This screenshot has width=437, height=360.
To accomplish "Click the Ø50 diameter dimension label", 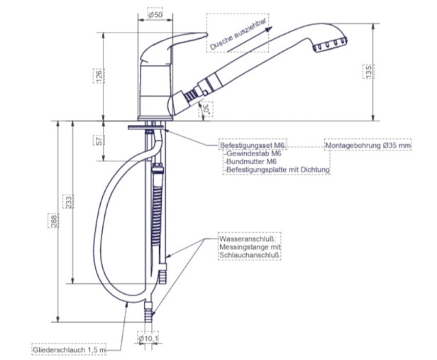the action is [x=155, y=15].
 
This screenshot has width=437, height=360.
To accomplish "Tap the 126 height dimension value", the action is [x=99, y=75].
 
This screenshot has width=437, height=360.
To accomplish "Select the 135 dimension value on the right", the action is [x=368, y=72].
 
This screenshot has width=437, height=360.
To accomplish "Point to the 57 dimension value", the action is [x=99, y=140].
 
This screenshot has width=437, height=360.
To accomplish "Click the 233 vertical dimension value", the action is [x=69, y=201].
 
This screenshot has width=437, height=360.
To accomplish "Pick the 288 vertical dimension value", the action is [x=53, y=221].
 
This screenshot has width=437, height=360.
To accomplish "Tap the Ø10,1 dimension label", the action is [x=148, y=339].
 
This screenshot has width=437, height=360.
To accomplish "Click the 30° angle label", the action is [x=207, y=109].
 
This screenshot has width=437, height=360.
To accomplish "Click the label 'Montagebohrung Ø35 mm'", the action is [x=368, y=146].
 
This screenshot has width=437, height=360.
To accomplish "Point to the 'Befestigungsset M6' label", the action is [x=253, y=146].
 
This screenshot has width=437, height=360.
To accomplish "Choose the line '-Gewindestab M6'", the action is [x=253, y=153].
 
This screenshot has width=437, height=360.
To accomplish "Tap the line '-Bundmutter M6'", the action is [x=251, y=161].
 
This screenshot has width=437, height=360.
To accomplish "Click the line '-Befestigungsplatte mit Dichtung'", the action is [x=277, y=170].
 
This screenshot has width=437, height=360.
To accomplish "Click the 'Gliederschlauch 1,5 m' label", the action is [x=69, y=350].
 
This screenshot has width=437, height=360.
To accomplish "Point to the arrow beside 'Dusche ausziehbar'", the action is [x=250, y=39].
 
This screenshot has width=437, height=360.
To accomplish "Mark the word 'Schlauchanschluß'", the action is [x=250, y=255].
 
